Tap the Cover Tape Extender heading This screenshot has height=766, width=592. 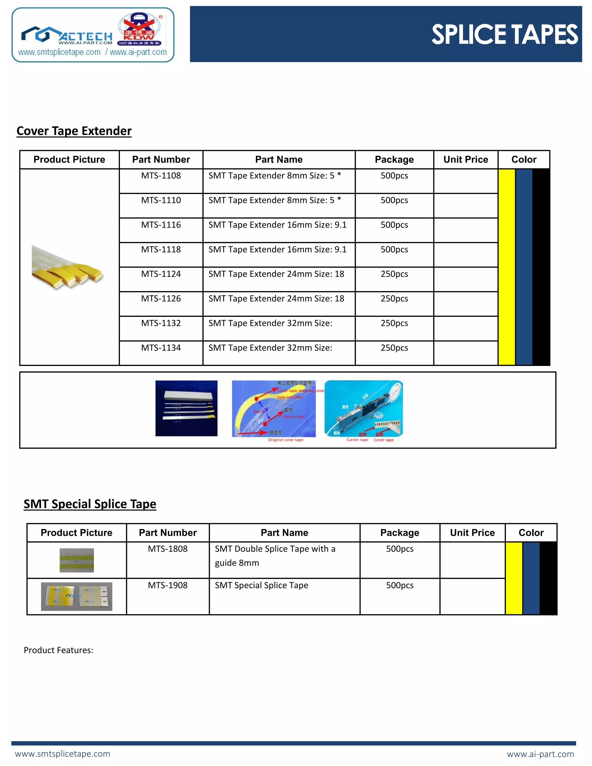pos(74,131)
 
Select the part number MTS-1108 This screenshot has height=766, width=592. pos(161,176)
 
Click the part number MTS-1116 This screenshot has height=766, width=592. pos(161,225)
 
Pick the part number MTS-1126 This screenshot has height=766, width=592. pos(161,299)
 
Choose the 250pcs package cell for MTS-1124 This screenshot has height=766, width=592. pos(394,274)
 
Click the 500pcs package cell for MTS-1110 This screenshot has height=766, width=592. pos(394,200)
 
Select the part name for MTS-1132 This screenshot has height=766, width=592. pos(270,323)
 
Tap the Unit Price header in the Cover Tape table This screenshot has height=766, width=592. pos(465,160)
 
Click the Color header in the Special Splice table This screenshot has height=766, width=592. pos(531,533)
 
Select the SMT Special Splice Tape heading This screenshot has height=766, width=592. pos(90,504)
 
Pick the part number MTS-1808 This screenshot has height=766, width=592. pos(168,549)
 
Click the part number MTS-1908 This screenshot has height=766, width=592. pos(168,585)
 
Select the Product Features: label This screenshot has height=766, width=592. pos(59,650)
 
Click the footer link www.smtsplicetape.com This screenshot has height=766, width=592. pos(62,754)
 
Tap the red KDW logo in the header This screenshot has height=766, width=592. pos(140,30)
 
